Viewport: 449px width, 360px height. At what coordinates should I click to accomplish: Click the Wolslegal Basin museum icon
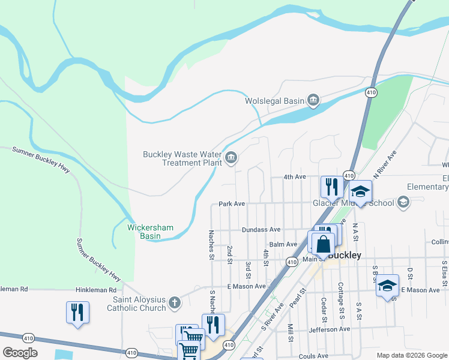(313, 100)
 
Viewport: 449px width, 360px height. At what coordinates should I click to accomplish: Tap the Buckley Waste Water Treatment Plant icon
(231, 158)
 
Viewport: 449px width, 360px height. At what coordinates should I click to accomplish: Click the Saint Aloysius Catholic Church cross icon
(174, 302)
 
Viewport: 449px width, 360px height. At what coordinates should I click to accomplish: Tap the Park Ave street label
(232, 204)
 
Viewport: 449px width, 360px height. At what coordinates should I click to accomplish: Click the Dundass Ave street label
(261, 229)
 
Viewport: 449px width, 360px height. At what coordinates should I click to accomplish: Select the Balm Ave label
(283, 244)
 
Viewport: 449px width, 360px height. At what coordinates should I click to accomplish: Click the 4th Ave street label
(295, 177)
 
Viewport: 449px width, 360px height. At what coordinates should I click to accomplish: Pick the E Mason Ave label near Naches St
(246, 286)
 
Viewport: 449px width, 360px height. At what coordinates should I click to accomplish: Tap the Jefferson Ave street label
(329, 329)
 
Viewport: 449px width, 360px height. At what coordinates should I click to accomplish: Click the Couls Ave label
(313, 356)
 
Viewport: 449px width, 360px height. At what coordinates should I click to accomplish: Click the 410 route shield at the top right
(372, 92)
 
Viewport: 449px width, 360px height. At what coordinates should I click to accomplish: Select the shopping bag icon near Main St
(323, 244)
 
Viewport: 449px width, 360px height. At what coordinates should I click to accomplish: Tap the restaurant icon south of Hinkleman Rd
(77, 313)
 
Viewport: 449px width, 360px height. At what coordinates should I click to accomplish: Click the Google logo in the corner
(20, 353)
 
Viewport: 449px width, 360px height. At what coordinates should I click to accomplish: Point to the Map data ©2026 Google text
(411, 355)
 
